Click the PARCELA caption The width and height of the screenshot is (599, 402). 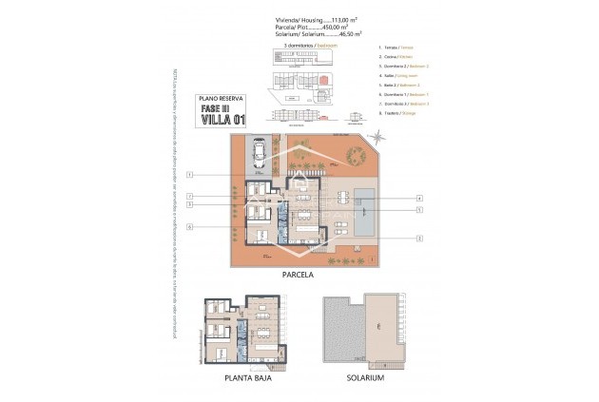point(298,275)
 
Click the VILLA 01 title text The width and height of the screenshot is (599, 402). point(222,119)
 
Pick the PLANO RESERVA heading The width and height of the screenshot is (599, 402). point(221,97)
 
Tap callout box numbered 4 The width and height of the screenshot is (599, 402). point(418,199)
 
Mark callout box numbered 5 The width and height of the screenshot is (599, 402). point(418,209)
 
